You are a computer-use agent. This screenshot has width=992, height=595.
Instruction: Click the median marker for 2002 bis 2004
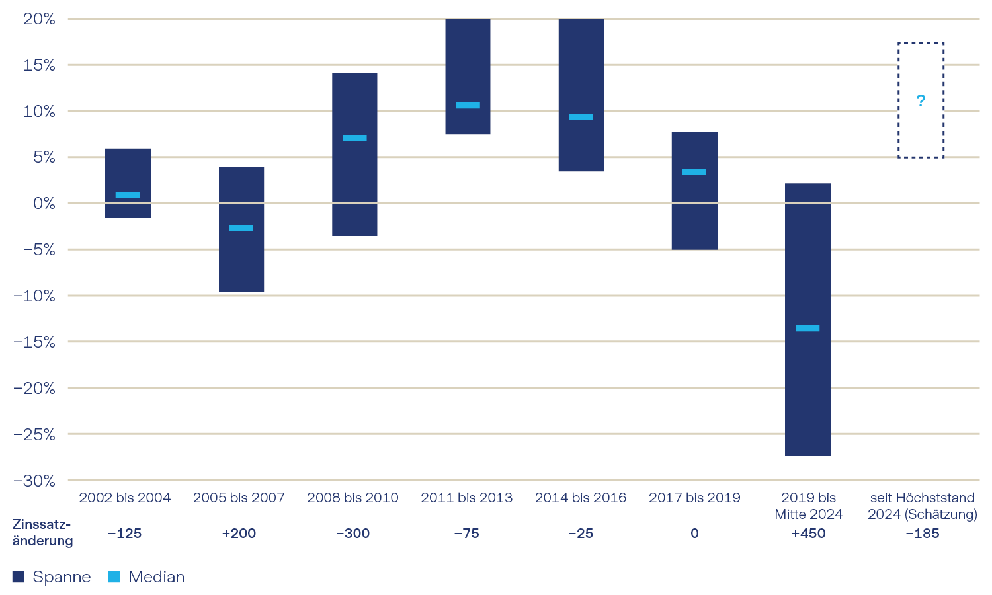[x=128, y=195]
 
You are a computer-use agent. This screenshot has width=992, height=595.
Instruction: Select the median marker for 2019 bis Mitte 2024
[x=807, y=328]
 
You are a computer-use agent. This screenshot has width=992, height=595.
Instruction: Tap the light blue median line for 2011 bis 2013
[x=468, y=105]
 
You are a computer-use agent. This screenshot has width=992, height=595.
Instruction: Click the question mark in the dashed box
[x=921, y=100]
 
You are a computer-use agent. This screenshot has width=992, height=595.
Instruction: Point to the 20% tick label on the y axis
[x=39, y=19]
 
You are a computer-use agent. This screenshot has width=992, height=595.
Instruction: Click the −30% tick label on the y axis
[x=34, y=481]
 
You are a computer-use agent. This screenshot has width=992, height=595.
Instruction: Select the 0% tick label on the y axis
[x=44, y=204]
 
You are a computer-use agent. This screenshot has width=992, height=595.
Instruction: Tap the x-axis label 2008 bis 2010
[x=352, y=498]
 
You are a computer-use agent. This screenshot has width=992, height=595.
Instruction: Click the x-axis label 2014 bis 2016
[x=581, y=498]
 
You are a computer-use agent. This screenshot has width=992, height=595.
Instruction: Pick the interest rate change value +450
[x=808, y=534]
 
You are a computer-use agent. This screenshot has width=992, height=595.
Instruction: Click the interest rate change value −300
[x=352, y=534]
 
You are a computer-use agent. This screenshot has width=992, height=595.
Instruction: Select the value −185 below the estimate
[x=922, y=534]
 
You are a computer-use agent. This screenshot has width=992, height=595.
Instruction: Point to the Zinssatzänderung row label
[x=42, y=532]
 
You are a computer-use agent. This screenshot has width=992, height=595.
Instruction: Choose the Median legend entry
[x=146, y=576]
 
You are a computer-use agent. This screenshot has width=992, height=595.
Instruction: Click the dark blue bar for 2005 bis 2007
[x=241, y=264]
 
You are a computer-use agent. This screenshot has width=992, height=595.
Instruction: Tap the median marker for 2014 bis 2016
[x=581, y=117]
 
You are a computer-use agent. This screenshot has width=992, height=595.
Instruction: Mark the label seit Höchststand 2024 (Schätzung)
[x=922, y=506]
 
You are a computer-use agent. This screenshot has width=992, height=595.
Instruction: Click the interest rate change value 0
[x=694, y=534]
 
